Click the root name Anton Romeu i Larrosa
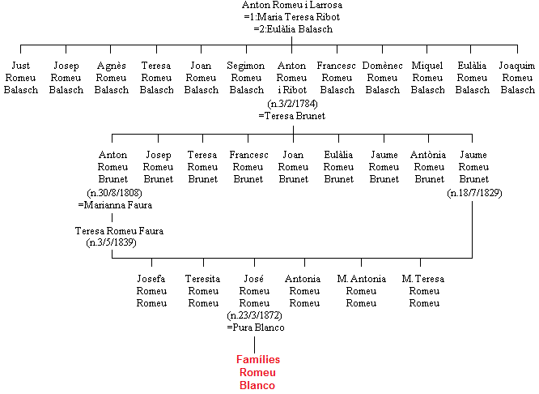tap(292, 5)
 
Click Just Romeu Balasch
tap(20, 78)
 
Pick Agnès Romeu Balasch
tap(112, 78)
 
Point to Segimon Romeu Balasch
tap(246, 78)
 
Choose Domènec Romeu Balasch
tap(382, 78)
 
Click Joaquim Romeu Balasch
tap(517, 78)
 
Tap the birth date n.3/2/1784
tap(292, 103)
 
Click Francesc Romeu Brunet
tap(248, 167)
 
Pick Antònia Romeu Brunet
tap(428, 167)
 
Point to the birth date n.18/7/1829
tap(475, 192)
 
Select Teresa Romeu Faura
tap(119, 230)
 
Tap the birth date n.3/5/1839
tap(112, 242)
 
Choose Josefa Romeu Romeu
tap(151, 291)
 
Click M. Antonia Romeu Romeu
tap(361, 291)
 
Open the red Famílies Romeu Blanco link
tap(258, 372)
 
